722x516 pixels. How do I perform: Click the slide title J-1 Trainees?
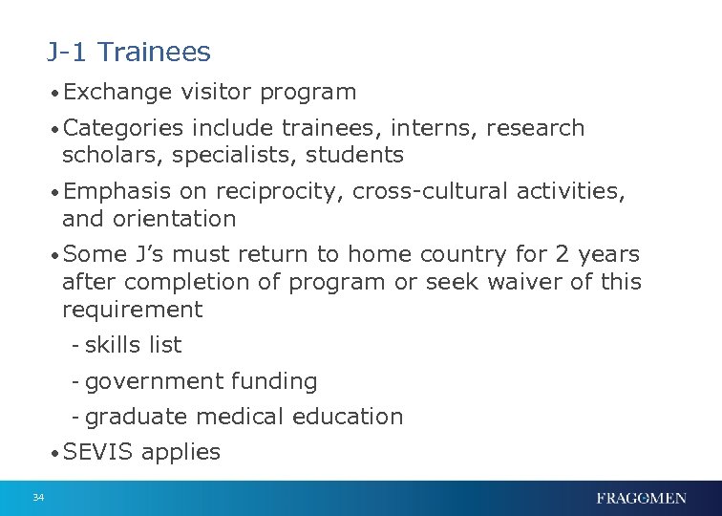pyautogui.click(x=128, y=52)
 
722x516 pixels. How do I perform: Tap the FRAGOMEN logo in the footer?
pyautogui.click(x=641, y=498)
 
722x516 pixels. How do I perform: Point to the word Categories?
pyautogui.click(x=124, y=128)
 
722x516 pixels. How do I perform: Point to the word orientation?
pyautogui.click(x=174, y=219)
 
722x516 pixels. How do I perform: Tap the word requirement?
pyautogui.click(x=132, y=310)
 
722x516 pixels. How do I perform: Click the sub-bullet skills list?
pyautogui.click(x=133, y=345)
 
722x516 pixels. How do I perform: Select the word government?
pyautogui.click(x=153, y=381)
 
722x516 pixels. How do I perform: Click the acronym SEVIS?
pyautogui.click(x=97, y=452)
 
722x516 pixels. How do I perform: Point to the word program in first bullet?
pyautogui.click(x=308, y=94)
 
